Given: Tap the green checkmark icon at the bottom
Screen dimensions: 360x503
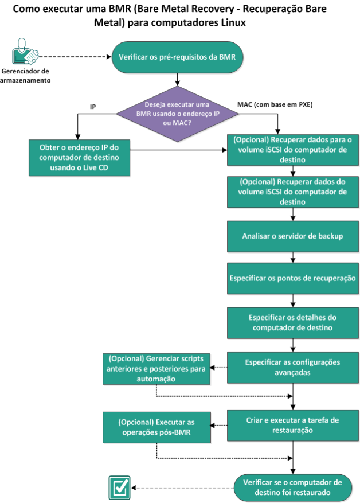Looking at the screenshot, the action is (120, 488).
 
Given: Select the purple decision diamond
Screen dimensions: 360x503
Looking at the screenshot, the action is (177, 114).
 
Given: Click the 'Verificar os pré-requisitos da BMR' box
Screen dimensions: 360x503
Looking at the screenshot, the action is (177, 57).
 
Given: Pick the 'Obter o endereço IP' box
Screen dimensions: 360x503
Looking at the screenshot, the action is (79, 158).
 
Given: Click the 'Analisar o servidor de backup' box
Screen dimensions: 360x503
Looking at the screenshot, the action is (293, 236).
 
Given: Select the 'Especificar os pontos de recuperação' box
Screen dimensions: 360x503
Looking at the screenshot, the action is (293, 278).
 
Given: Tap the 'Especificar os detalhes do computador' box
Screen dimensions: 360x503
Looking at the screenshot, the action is (293, 323).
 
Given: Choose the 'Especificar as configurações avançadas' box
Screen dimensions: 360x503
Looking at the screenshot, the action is (293, 367).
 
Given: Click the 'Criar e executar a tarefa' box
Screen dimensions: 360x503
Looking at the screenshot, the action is (293, 425).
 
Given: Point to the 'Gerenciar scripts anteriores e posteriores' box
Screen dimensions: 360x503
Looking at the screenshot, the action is (156, 369).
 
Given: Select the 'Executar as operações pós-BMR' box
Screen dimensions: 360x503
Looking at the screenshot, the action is (156, 427).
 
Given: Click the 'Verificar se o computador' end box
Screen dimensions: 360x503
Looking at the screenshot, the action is (293, 488).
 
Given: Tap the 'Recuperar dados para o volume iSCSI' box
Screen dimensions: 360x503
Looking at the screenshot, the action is (293, 150).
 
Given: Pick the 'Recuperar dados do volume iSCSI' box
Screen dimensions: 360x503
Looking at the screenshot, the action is (293, 192).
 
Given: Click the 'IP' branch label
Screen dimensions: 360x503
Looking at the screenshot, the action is (93, 107).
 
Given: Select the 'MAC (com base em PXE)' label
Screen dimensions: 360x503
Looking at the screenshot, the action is (275, 104).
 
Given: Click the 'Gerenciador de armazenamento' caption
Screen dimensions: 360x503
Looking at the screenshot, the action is (25, 76).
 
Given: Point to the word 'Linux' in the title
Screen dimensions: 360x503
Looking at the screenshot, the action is (233, 22).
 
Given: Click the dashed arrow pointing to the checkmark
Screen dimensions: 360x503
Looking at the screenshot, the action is (182, 488).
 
